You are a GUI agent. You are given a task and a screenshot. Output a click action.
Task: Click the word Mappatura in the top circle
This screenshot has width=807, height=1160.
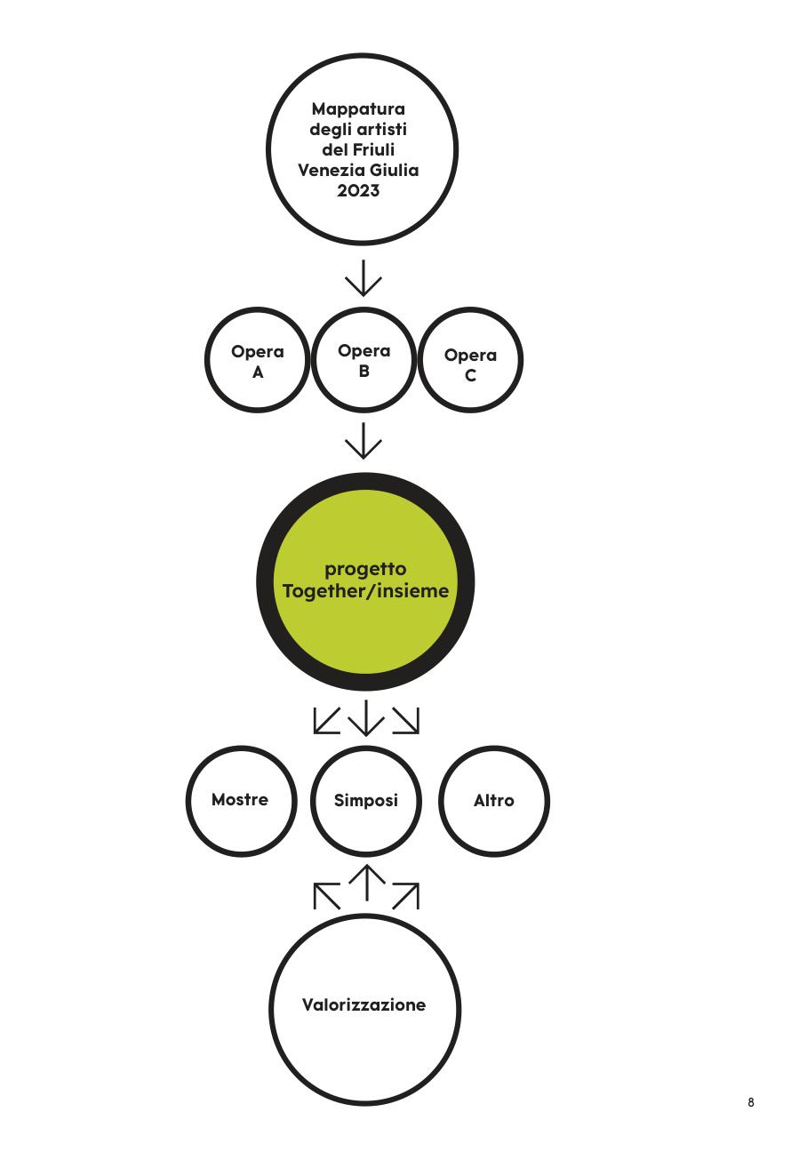(x=358, y=110)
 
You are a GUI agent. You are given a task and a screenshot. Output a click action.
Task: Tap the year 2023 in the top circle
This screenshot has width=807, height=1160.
(x=358, y=190)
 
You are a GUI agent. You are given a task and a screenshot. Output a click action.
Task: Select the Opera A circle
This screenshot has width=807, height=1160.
(x=207, y=359)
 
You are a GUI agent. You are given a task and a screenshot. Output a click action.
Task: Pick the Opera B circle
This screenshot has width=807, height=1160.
(x=313, y=359)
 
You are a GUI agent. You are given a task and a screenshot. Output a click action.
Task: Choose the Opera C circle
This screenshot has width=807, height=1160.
(x=419, y=359)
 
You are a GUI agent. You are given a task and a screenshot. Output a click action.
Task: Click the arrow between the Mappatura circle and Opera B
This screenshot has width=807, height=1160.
(x=364, y=278)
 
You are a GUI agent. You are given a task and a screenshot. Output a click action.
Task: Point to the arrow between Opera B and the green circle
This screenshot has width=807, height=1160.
(x=364, y=441)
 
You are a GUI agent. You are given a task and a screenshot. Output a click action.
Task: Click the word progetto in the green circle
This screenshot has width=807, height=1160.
(x=365, y=570)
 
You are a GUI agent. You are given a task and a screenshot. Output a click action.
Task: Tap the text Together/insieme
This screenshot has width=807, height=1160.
(x=365, y=591)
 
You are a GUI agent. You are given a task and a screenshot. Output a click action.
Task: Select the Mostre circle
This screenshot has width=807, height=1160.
(x=188, y=801)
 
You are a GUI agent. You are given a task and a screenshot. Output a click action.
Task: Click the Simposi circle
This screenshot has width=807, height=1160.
(x=312, y=801)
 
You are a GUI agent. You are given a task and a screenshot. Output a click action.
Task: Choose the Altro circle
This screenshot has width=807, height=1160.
(x=441, y=801)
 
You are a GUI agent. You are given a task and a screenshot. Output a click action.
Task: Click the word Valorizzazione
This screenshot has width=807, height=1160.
(x=364, y=1005)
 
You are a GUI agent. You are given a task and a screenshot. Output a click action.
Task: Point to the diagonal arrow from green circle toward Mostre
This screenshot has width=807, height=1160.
(x=327, y=721)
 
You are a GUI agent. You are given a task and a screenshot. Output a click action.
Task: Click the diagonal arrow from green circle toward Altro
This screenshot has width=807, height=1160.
(x=406, y=721)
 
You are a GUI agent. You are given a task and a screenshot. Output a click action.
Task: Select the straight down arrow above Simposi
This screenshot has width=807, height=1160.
(x=366, y=718)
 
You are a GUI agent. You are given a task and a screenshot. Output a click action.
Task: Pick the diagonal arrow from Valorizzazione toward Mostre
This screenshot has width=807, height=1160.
(x=327, y=896)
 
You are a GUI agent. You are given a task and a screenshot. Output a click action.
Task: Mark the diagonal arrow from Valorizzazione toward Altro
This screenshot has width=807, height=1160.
(x=406, y=896)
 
